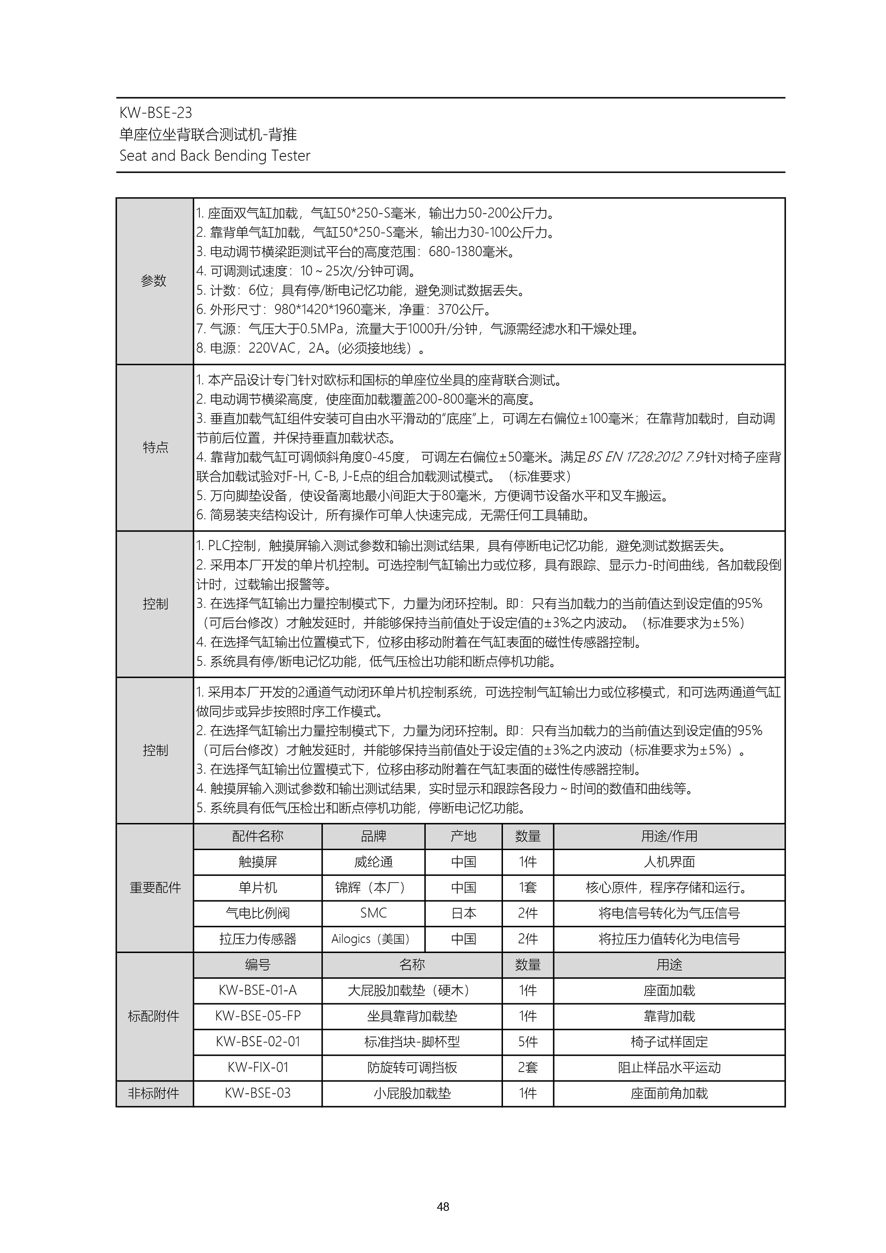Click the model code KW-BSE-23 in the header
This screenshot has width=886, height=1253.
point(156,113)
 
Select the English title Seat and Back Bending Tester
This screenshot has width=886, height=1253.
point(215,156)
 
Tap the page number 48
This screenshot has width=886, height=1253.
point(443,1206)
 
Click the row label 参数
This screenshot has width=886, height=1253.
point(154,281)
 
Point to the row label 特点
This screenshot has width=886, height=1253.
point(155,448)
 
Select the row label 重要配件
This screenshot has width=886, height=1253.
point(155,887)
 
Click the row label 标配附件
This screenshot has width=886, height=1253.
point(154,1016)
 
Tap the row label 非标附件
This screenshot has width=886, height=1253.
point(154,1093)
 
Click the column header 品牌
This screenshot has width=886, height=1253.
point(373,836)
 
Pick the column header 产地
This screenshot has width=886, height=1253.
point(463,836)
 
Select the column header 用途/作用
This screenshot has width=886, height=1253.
point(669,836)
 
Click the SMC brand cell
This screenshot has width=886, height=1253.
point(373,913)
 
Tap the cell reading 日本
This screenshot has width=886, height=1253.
point(463,913)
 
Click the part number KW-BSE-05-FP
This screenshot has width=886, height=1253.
point(257,1016)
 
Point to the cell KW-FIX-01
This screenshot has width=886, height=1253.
point(257,1067)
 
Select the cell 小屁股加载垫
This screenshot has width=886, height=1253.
point(412,1093)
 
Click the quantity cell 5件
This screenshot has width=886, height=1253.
point(527,1041)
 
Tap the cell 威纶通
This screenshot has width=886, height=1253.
point(373,862)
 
